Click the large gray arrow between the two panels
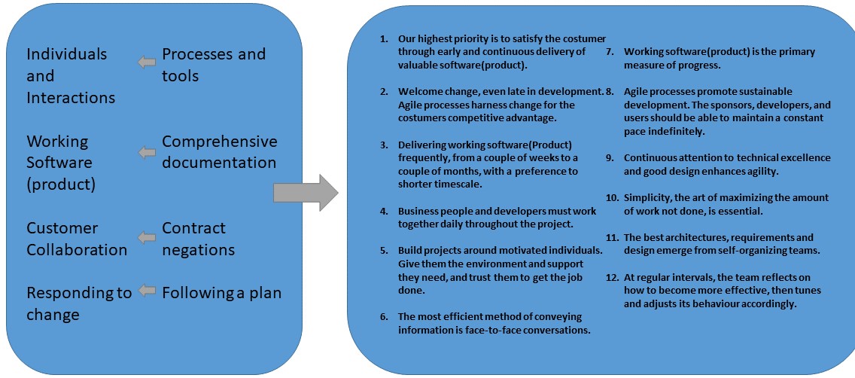pyautogui.click(x=304, y=192)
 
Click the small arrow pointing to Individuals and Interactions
pyautogui.click(x=147, y=62)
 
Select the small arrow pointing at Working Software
pyautogui.click(x=147, y=152)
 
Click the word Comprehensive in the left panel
pyautogui.click(x=219, y=142)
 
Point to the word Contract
pyautogui.click(x=193, y=228)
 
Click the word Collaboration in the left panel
pyautogui.click(x=77, y=250)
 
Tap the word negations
pyautogui.click(x=199, y=250)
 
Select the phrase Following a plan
pyautogui.click(x=221, y=293)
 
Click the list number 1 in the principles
pyautogui.click(x=384, y=38)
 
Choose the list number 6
pyautogui.click(x=384, y=316)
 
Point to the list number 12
pyautogui.click(x=612, y=278)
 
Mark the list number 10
pyautogui.click(x=612, y=198)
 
